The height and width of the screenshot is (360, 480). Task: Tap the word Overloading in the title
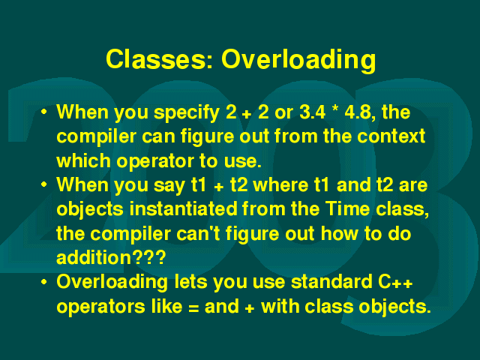click(298, 61)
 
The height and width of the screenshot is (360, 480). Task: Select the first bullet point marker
click(44, 112)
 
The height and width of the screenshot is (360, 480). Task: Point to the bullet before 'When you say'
click(44, 184)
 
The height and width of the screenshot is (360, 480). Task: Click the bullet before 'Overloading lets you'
click(44, 282)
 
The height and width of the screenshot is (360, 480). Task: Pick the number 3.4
click(312, 112)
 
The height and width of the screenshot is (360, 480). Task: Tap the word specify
click(187, 113)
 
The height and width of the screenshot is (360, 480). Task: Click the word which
click(83, 160)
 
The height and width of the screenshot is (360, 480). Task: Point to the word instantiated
click(183, 208)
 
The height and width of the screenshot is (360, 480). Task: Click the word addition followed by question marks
click(111, 257)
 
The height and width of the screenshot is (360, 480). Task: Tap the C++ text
click(395, 282)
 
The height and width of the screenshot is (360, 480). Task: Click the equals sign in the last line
click(193, 307)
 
